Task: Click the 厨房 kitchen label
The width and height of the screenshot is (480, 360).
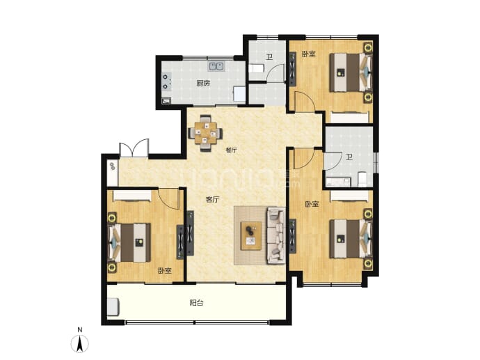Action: tap(203, 83)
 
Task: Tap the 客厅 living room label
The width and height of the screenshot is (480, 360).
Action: tap(212, 200)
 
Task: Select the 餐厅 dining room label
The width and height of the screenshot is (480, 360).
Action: tap(231, 150)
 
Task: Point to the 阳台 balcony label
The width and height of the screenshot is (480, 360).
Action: tap(196, 303)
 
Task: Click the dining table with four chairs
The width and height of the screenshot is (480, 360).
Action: tap(205, 133)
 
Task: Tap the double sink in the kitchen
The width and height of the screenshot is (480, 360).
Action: tap(217, 66)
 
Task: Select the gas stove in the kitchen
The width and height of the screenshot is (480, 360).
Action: tap(166, 81)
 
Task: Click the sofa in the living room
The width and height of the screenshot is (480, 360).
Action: tap(276, 235)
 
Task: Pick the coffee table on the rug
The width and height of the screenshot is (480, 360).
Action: tap(251, 236)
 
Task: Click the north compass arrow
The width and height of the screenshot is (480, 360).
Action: tap(80, 344)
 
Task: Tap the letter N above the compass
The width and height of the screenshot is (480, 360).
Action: tap(80, 330)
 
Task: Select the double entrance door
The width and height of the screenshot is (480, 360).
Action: tap(134, 148)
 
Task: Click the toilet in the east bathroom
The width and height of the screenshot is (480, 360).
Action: tap(362, 179)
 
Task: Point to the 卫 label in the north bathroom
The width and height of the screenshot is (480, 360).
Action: tap(269, 57)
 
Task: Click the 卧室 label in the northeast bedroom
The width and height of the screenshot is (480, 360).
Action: tap(309, 54)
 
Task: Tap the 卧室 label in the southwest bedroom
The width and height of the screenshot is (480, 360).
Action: tap(165, 271)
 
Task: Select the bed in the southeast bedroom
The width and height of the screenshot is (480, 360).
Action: tap(351, 239)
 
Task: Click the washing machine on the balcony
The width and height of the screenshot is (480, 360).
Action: tap(113, 306)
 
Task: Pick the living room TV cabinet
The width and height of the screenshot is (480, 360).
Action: tap(190, 233)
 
